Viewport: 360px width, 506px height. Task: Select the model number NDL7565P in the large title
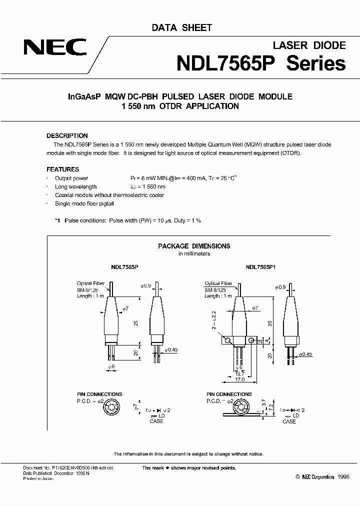(x=228, y=64)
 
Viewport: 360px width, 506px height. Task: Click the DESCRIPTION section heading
(x=67, y=135)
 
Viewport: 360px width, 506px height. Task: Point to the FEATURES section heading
(x=62, y=169)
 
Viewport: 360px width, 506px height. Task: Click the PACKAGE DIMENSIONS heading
(x=194, y=246)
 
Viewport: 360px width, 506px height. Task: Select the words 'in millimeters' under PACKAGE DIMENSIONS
(x=194, y=253)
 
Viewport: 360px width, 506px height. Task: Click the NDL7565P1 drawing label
(x=260, y=267)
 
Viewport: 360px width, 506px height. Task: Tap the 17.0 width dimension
(x=239, y=379)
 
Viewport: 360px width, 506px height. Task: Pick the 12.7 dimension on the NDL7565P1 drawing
(x=239, y=373)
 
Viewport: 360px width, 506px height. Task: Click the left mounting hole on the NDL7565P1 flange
(x=227, y=341)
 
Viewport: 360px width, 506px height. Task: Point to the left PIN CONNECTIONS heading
(x=99, y=394)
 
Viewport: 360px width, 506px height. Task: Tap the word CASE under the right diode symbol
(x=289, y=421)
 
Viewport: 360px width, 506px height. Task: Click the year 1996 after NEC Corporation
(x=342, y=477)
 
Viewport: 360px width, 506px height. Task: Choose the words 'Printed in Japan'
(x=37, y=477)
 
